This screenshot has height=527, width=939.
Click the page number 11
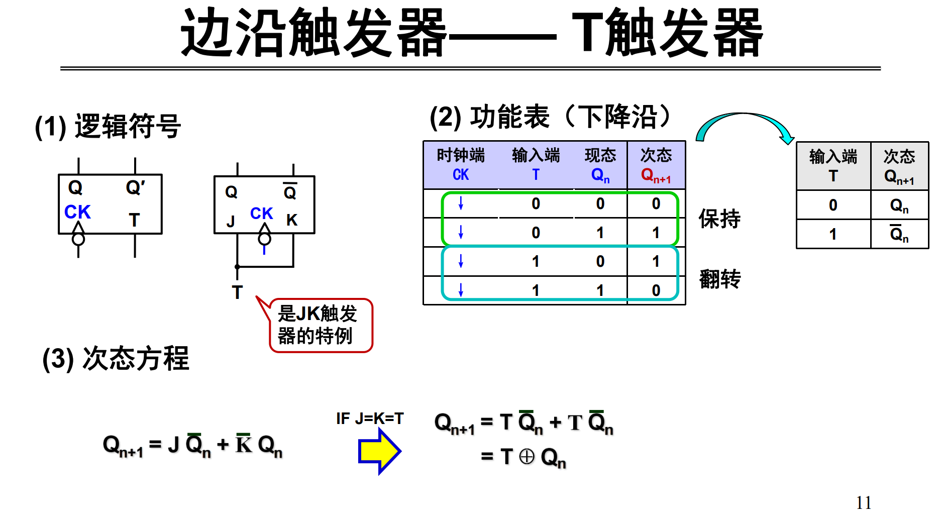coord(864,502)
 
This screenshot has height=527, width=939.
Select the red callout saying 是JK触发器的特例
coord(320,325)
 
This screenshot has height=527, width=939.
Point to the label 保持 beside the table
coord(719,219)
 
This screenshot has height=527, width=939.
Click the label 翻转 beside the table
coord(719,279)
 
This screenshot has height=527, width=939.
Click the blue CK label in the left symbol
coord(77,212)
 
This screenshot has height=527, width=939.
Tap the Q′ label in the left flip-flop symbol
coord(135,188)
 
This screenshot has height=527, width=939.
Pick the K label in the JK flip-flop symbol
coord(292,220)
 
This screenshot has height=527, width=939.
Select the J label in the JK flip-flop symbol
coord(231,221)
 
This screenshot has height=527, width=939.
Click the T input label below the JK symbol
coord(237,292)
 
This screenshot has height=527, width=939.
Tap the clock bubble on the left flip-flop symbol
coord(78,239)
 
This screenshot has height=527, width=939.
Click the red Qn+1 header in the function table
coord(656,175)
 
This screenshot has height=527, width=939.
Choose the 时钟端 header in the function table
coord(460,155)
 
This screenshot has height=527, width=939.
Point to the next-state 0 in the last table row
coord(656,290)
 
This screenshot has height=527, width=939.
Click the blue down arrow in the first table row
coord(461,203)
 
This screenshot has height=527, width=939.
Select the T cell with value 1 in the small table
coord(833,234)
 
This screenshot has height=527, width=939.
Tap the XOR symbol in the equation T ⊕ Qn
coord(527,457)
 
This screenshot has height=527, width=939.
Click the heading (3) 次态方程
coord(116,359)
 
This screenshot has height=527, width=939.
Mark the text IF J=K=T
coord(370,418)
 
